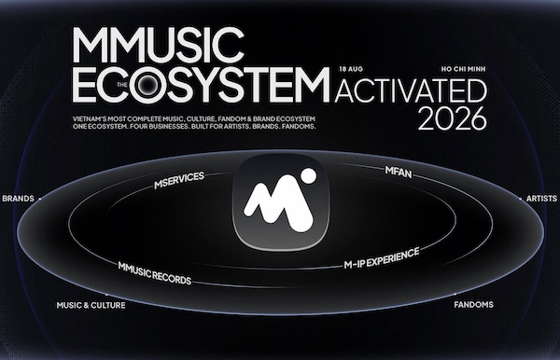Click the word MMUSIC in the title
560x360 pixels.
[x=159, y=44]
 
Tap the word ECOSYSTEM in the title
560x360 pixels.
[x=201, y=85]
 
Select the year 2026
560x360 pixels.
[x=453, y=118]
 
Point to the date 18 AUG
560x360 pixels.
[x=351, y=69]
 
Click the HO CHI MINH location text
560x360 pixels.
[x=463, y=69]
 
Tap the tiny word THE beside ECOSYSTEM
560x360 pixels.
[x=122, y=85]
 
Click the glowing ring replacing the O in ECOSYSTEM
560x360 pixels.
[x=148, y=85]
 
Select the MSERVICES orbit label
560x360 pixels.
[x=179, y=180]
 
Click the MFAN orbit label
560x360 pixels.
[x=399, y=172]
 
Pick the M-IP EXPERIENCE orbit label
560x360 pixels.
[x=382, y=258]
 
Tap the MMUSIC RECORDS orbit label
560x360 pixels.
[x=155, y=273]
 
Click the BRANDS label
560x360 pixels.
[x=19, y=199]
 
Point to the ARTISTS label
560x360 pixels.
[x=541, y=199]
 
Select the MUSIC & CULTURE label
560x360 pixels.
[x=91, y=305]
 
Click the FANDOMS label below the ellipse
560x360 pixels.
[x=473, y=305]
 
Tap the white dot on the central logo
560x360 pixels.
[x=307, y=176]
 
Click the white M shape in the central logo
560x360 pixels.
[x=278, y=205]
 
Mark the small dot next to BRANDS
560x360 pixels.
[x=39, y=199]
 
